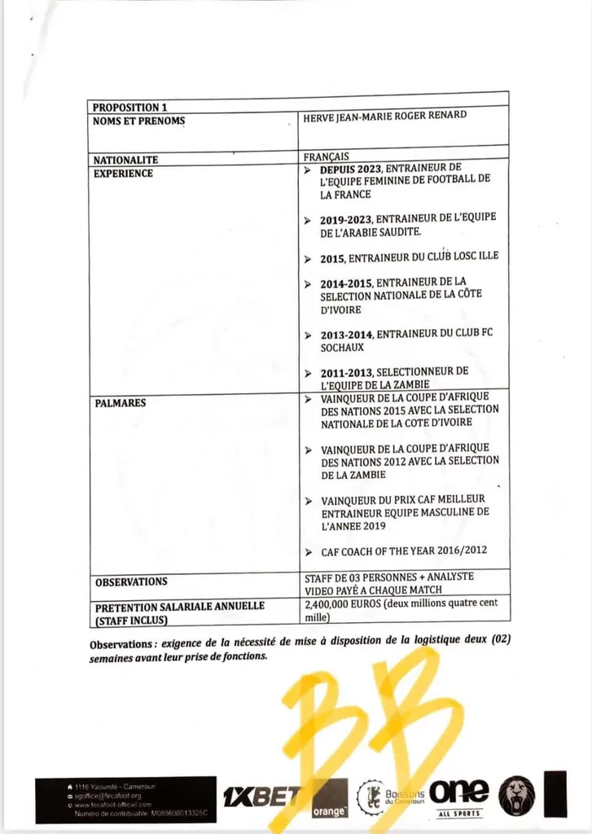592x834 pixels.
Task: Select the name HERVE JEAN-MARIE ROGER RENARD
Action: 385,116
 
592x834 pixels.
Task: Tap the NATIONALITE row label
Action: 125,160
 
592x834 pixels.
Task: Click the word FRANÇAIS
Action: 326,156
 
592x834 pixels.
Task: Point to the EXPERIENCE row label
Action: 123,173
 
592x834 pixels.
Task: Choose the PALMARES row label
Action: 120,402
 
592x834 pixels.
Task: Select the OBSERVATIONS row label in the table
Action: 131,582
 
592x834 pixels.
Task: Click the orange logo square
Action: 329,797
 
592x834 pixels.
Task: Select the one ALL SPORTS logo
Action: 459,796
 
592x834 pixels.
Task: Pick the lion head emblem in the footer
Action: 517,796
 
